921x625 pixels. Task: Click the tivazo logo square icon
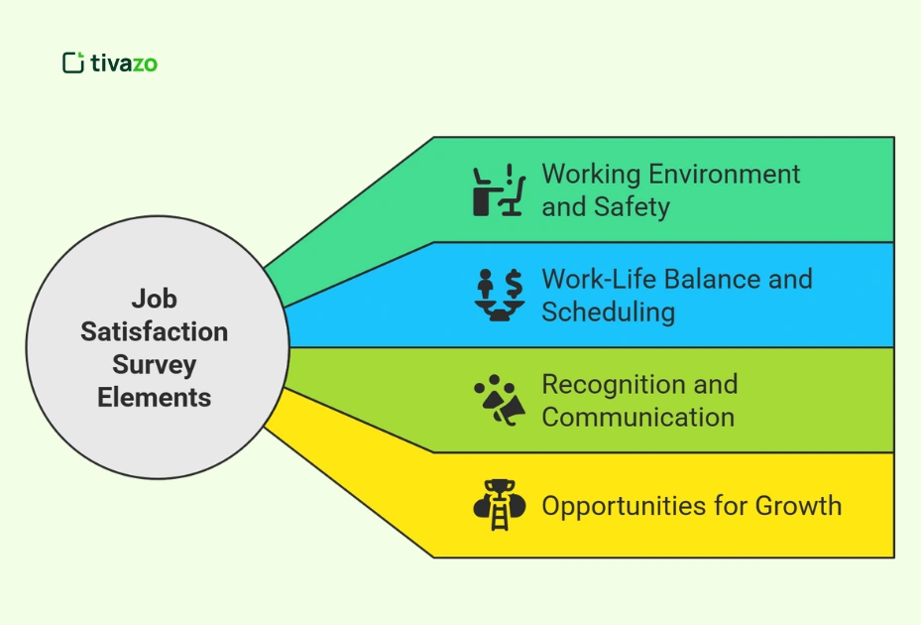pyautogui.click(x=72, y=62)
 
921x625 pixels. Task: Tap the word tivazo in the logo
pyautogui.click(x=124, y=63)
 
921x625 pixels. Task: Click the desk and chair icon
pyautogui.click(x=498, y=190)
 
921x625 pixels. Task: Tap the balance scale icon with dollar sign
pyautogui.click(x=498, y=296)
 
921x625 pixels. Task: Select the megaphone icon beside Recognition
pyautogui.click(x=498, y=401)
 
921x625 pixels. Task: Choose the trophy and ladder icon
pyautogui.click(x=498, y=505)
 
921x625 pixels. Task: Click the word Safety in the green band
pyautogui.click(x=633, y=206)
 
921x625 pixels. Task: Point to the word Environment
pyautogui.click(x=723, y=174)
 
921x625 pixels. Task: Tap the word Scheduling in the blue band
pyautogui.click(x=608, y=312)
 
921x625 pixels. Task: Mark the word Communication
pyautogui.click(x=637, y=417)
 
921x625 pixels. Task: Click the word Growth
pyautogui.click(x=797, y=505)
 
